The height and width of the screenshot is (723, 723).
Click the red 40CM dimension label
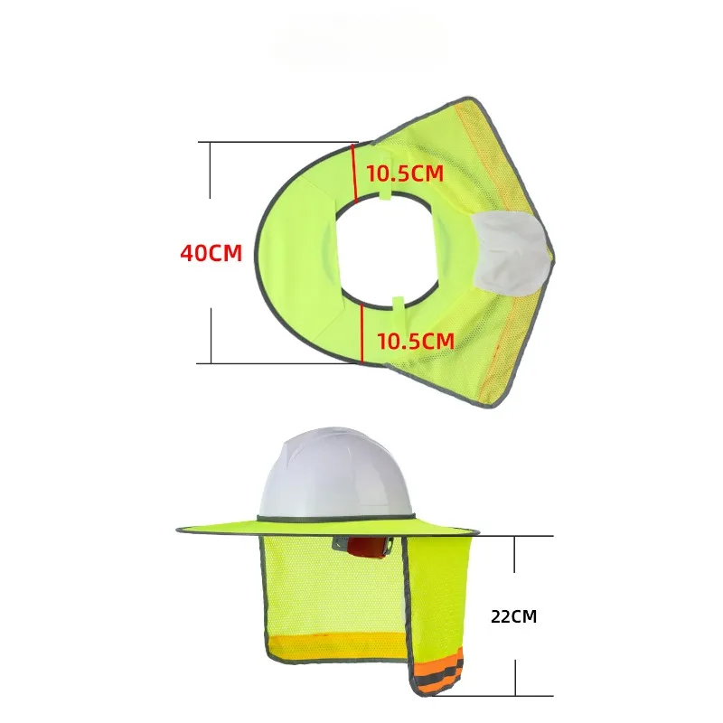click(211, 253)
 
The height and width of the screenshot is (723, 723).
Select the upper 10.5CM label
click(404, 174)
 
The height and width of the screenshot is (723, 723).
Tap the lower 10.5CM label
click(415, 341)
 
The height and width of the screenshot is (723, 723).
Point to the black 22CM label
click(513, 617)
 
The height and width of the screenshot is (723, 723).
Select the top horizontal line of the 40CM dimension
click(271, 142)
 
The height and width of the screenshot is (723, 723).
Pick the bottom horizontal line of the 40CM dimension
click(271, 363)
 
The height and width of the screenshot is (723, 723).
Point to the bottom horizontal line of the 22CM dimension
click(515, 696)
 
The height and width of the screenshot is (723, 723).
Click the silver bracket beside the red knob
click(342, 544)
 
